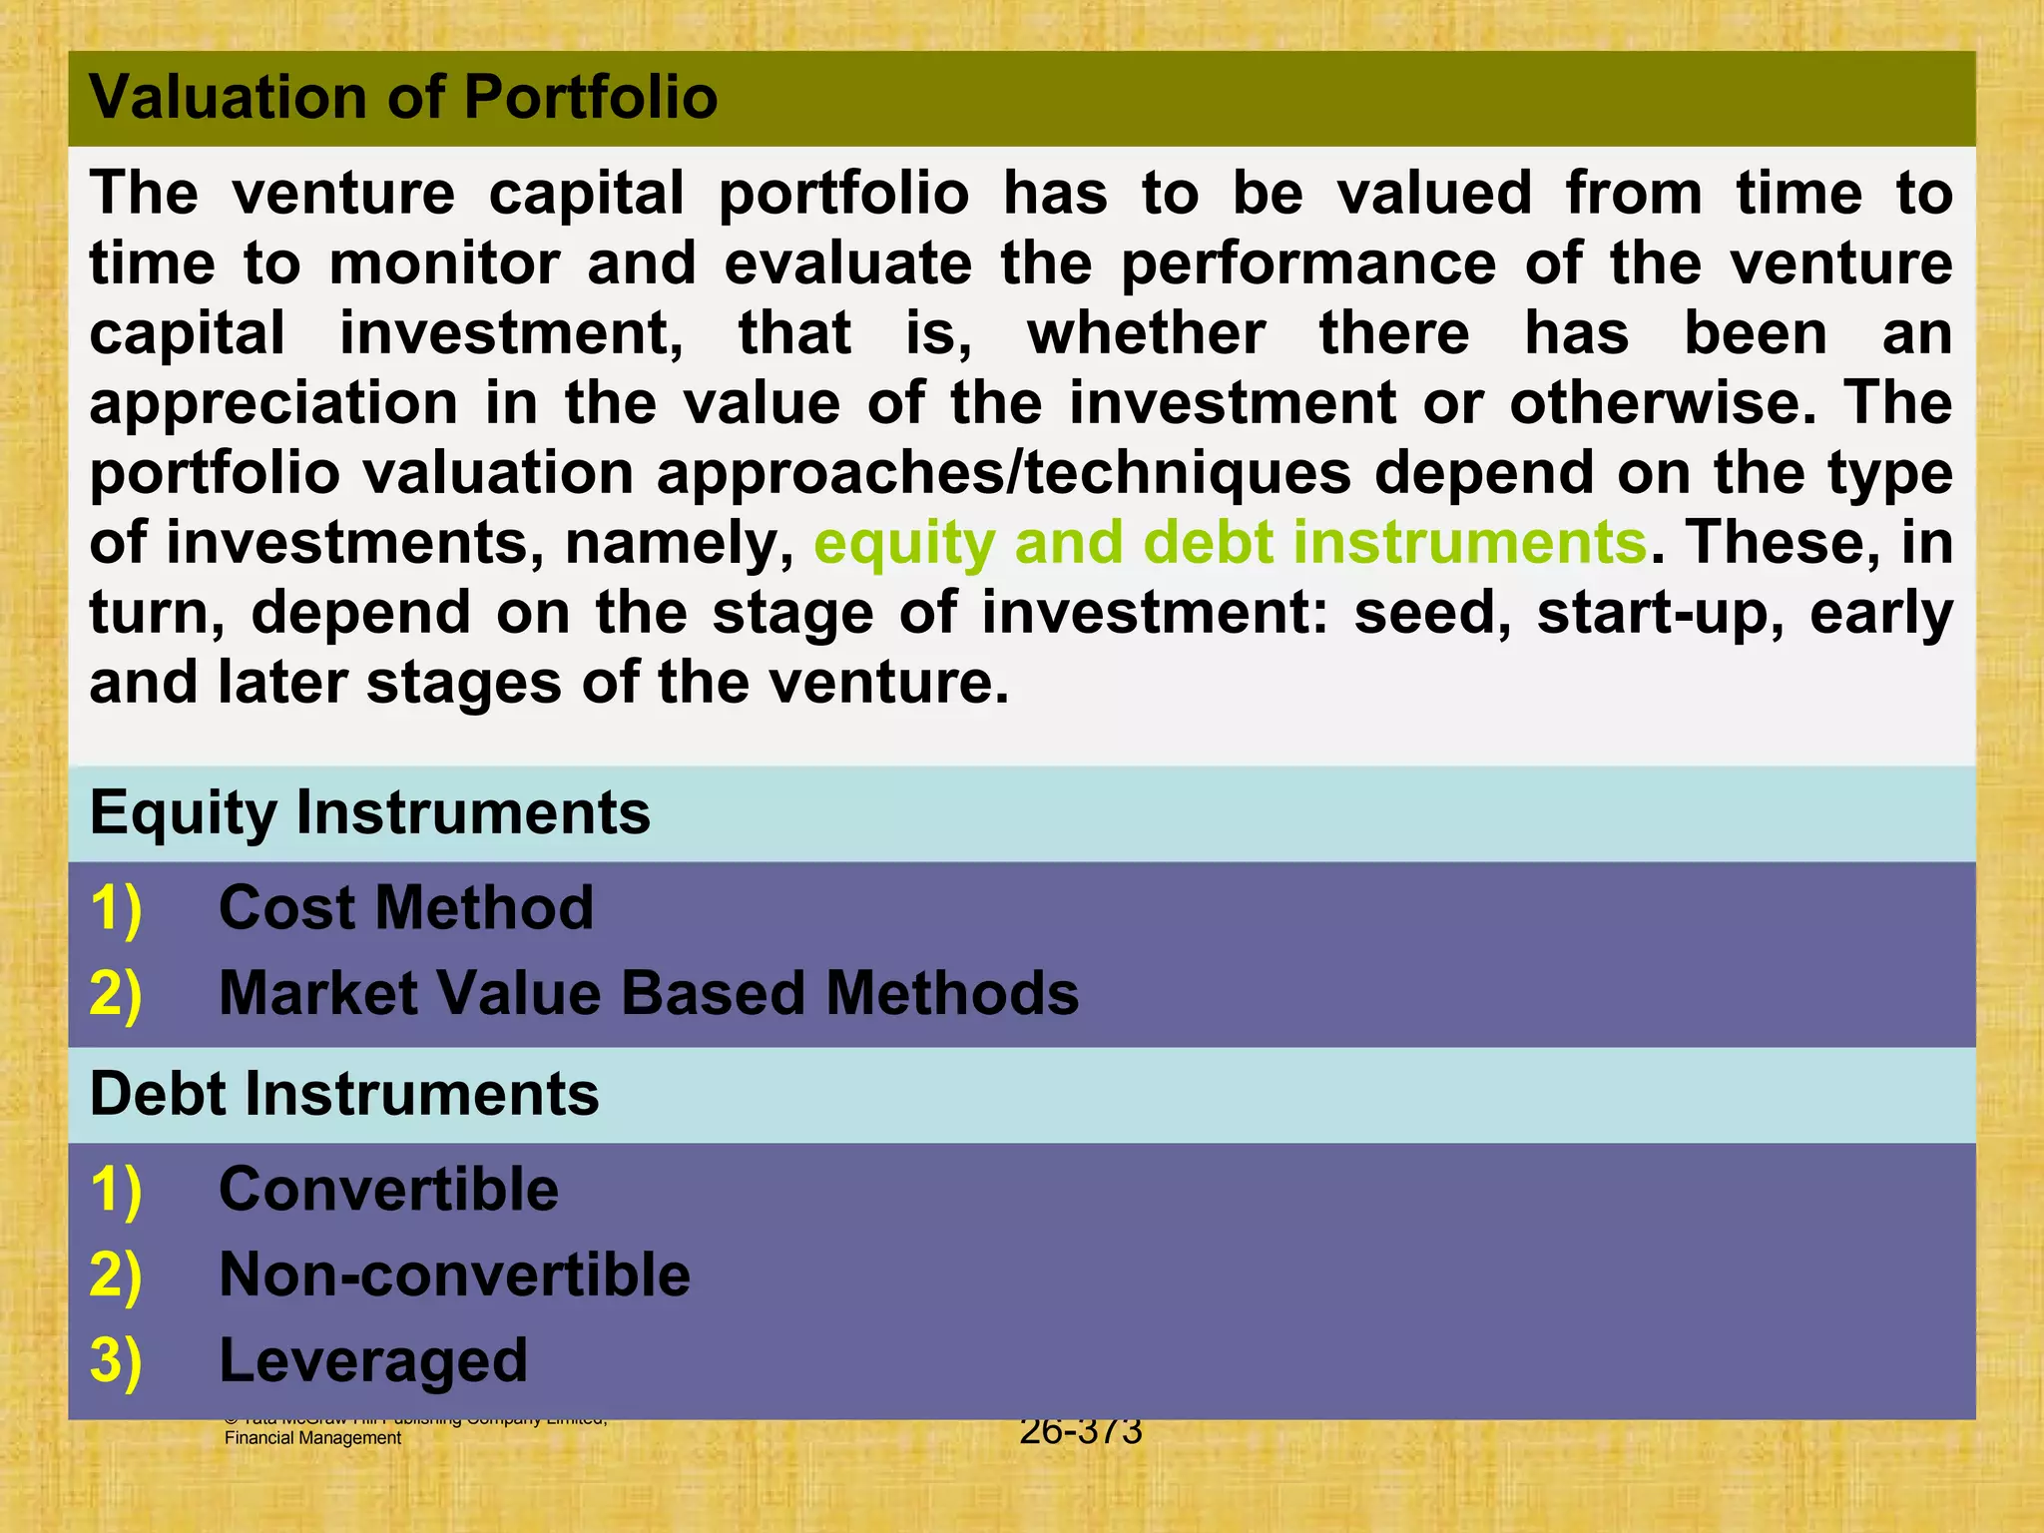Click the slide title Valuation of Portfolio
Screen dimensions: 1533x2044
coord(403,98)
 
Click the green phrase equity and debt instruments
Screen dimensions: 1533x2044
coord(1230,543)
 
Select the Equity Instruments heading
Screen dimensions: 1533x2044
coord(369,812)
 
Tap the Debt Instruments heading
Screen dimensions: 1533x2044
coord(344,1094)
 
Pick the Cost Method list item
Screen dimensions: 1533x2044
coord(405,908)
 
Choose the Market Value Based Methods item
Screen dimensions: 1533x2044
coord(649,994)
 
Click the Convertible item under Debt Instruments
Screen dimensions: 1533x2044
coord(388,1190)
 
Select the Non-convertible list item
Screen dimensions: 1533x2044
coord(454,1276)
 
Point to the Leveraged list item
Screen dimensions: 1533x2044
coord(373,1361)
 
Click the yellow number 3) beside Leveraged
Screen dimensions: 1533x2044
coord(116,1361)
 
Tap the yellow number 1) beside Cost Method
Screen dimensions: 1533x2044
coord(116,908)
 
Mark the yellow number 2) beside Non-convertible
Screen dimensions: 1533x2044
coord(116,1276)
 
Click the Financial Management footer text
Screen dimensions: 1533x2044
coord(312,1438)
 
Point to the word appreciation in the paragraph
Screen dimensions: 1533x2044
coord(273,404)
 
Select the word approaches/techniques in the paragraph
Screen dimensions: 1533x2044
coord(1003,473)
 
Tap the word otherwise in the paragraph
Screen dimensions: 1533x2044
coord(1662,403)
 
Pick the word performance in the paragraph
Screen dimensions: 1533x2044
coord(1308,264)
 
